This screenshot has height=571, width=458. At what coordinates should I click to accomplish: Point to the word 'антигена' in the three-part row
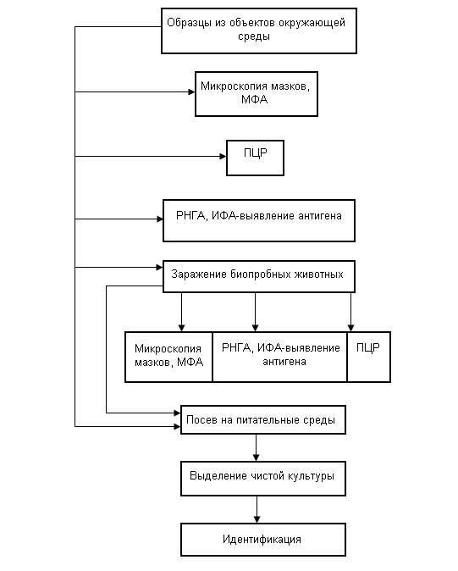pos(284,362)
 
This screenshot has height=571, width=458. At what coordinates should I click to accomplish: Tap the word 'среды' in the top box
pos(254,36)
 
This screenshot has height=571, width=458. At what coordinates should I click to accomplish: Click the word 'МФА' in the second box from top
pos(255,99)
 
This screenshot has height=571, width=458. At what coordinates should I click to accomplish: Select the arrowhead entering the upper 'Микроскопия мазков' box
pos(191,91)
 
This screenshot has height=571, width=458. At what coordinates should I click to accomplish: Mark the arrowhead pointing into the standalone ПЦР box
pos(223,156)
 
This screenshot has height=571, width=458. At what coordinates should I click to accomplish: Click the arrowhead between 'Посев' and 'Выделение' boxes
pos(257,457)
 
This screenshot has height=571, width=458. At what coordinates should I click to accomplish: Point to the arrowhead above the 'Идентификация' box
pos(257,519)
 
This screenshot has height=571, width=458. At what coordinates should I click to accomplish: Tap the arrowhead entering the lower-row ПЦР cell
pos(350,328)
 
